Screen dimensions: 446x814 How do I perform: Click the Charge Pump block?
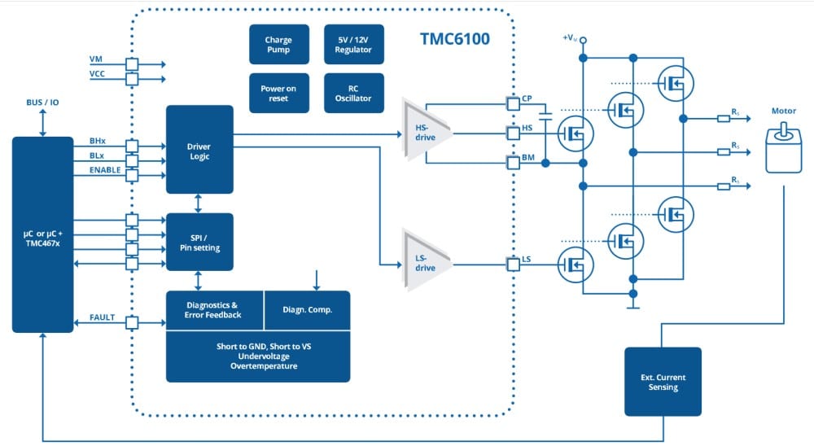[278, 44]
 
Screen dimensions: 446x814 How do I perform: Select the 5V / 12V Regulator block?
[352, 44]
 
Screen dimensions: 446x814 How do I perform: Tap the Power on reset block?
[278, 94]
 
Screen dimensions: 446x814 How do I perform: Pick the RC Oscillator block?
[352, 94]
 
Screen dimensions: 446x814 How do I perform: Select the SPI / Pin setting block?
[199, 242]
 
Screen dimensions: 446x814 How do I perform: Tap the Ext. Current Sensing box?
[662, 382]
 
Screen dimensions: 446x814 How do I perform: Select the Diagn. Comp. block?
[307, 309]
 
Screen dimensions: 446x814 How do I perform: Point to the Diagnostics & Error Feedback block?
[215, 309]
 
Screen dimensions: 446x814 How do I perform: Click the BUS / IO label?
[42, 103]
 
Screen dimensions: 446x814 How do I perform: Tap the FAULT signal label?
[103, 317]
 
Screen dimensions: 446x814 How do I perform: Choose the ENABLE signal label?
[105, 170]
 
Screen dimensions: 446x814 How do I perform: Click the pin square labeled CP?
[513, 103]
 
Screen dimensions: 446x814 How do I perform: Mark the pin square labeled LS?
[513, 264]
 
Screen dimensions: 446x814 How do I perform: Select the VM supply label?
[96, 60]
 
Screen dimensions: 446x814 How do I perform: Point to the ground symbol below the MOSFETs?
[633, 307]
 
